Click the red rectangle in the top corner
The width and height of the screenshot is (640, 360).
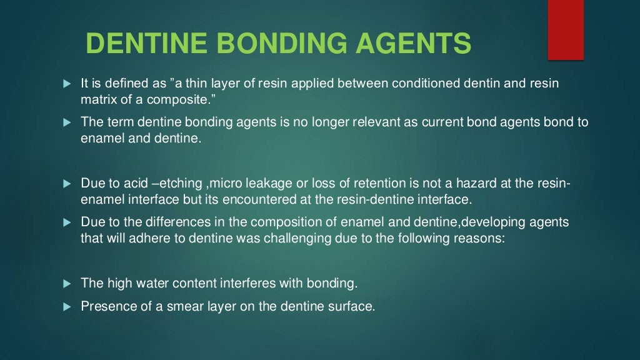click(565, 30)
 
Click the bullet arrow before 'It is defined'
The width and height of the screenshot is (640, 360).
click(67, 83)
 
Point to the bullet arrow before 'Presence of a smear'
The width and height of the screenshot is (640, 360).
click(67, 307)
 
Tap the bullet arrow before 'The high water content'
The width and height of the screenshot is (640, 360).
click(67, 284)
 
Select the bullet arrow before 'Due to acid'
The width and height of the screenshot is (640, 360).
click(67, 184)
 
